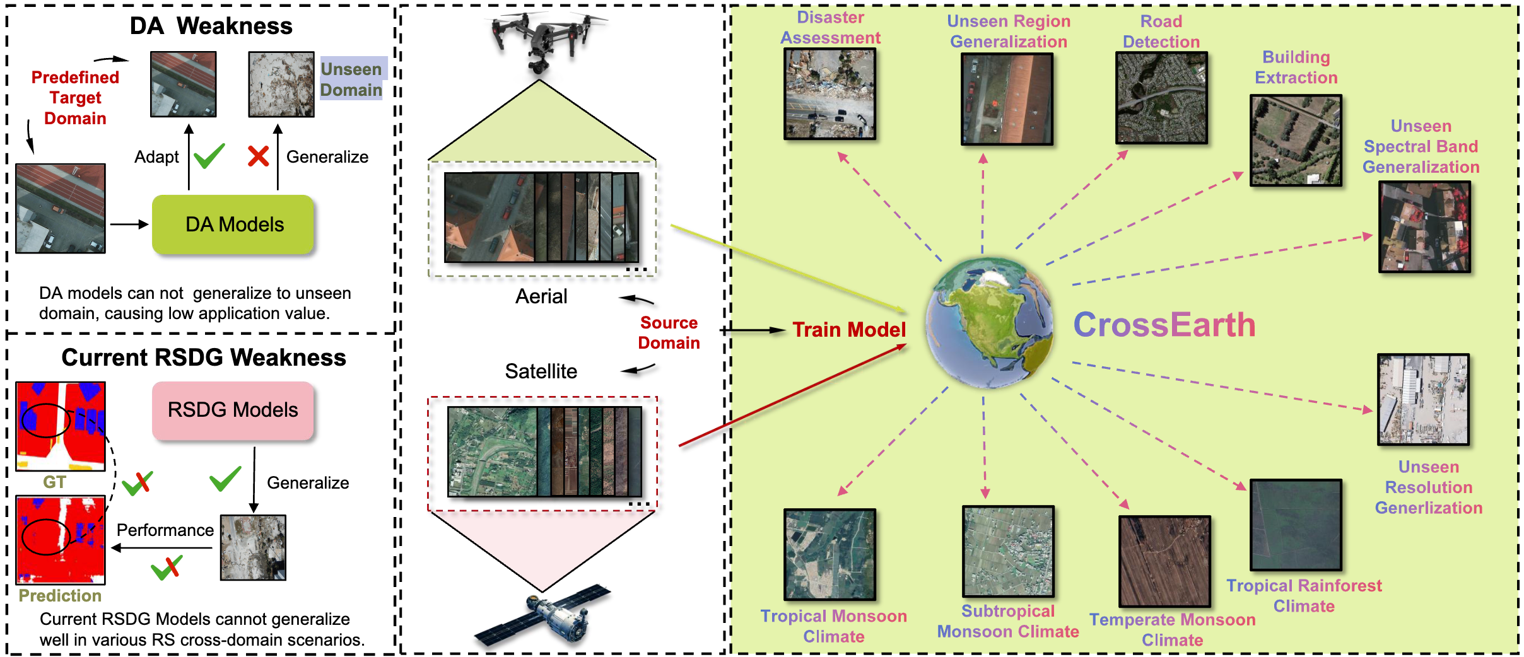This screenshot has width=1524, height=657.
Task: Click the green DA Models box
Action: (233, 224)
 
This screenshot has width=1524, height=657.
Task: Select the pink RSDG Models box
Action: (233, 410)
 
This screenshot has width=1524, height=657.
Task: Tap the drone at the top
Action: (544, 38)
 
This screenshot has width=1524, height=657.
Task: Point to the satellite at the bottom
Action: (542, 616)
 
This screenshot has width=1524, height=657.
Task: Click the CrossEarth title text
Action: (1164, 325)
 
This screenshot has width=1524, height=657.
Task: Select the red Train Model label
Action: (849, 330)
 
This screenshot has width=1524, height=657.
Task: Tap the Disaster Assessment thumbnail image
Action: (829, 94)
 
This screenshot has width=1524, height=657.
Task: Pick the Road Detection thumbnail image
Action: (1161, 98)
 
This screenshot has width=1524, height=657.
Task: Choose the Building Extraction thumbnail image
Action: (1296, 140)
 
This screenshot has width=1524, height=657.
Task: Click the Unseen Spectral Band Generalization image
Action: (1424, 227)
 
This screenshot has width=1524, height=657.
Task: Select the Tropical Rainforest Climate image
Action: (1296, 525)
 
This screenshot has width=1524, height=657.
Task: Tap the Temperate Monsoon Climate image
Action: (1164, 561)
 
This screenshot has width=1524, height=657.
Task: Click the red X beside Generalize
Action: (258, 156)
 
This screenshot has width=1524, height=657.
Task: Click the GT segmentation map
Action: (61, 426)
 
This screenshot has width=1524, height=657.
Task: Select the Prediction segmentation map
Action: (61, 540)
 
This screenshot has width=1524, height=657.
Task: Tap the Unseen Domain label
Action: (351, 79)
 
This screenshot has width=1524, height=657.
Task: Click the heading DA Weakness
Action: (211, 26)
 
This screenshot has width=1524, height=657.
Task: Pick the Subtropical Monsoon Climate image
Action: (1008, 551)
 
